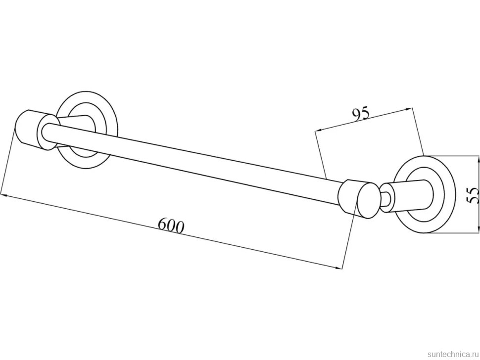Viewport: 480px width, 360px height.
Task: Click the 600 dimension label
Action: point(171,225)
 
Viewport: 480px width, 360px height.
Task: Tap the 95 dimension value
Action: point(361,113)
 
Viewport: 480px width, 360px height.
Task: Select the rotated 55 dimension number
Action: point(473,195)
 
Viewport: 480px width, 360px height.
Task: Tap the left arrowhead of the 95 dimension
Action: point(318,130)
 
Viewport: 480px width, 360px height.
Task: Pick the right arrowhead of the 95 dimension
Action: point(409,108)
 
